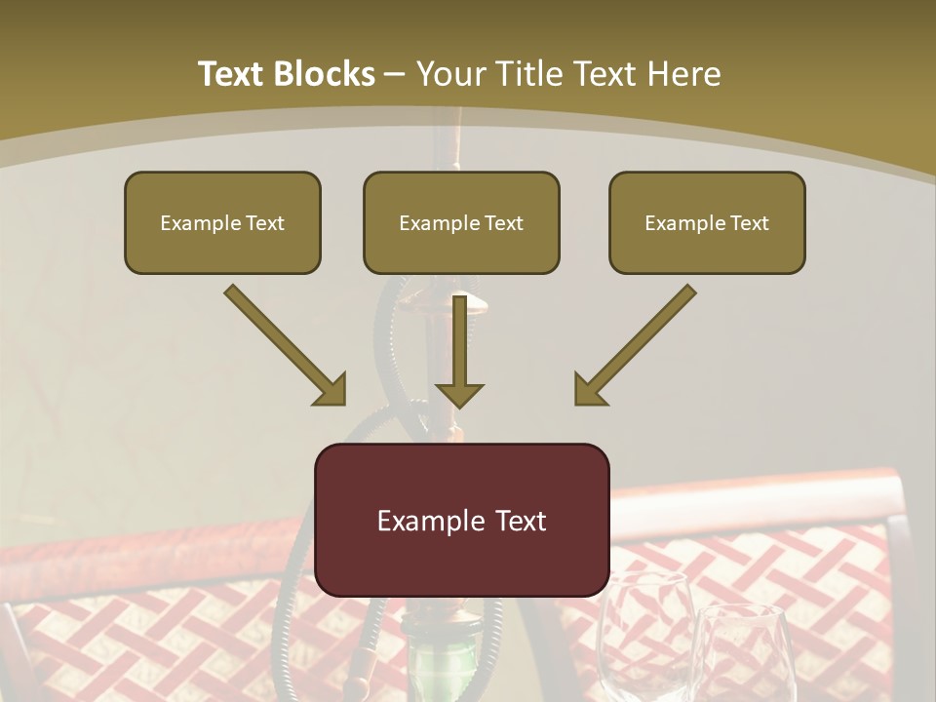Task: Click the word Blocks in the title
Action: click(x=324, y=74)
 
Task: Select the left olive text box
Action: click(x=222, y=222)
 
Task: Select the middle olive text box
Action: click(x=461, y=222)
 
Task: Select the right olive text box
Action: click(x=707, y=222)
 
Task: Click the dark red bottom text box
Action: click(x=461, y=520)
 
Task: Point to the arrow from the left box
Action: click(x=283, y=343)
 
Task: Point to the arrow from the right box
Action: click(x=637, y=343)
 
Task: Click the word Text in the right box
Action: click(x=750, y=223)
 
